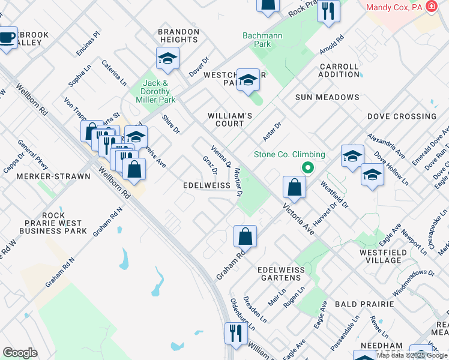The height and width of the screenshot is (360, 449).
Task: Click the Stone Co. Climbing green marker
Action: pos(307,168)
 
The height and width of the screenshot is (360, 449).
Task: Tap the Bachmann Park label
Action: pos(262,40)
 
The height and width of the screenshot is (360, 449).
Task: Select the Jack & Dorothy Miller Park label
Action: pos(158,91)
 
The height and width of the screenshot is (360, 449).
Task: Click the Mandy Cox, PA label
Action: pos(393,7)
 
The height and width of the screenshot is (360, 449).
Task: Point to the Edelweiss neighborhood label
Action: pos(206,186)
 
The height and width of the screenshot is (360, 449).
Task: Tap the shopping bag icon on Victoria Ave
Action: pos(294,188)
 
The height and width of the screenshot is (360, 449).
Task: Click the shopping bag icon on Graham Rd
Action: pos(246,237)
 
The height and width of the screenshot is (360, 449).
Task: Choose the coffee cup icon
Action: pos(7,38)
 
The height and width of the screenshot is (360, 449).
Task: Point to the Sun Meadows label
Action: pos(327,97)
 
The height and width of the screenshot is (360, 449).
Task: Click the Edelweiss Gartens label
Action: pos(279,274)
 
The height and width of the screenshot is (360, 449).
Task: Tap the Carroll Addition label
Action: pos(339,70)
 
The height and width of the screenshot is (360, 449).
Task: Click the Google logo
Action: pos(20,353)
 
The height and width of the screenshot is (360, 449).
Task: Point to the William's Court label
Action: pos(226,119)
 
